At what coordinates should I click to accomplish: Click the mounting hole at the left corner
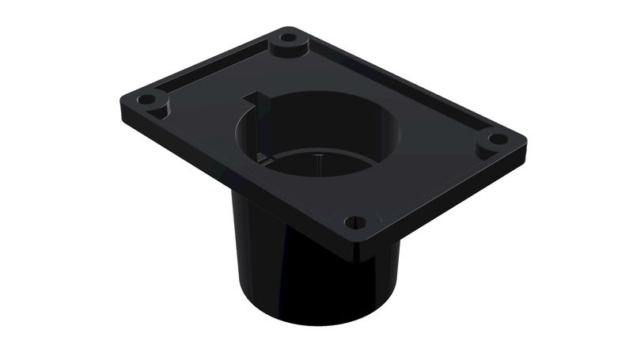point(147,100)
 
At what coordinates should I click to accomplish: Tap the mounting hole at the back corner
point(289,36)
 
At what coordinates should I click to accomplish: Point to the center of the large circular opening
point(320,135)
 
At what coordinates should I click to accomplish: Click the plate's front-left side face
point(237,182)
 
